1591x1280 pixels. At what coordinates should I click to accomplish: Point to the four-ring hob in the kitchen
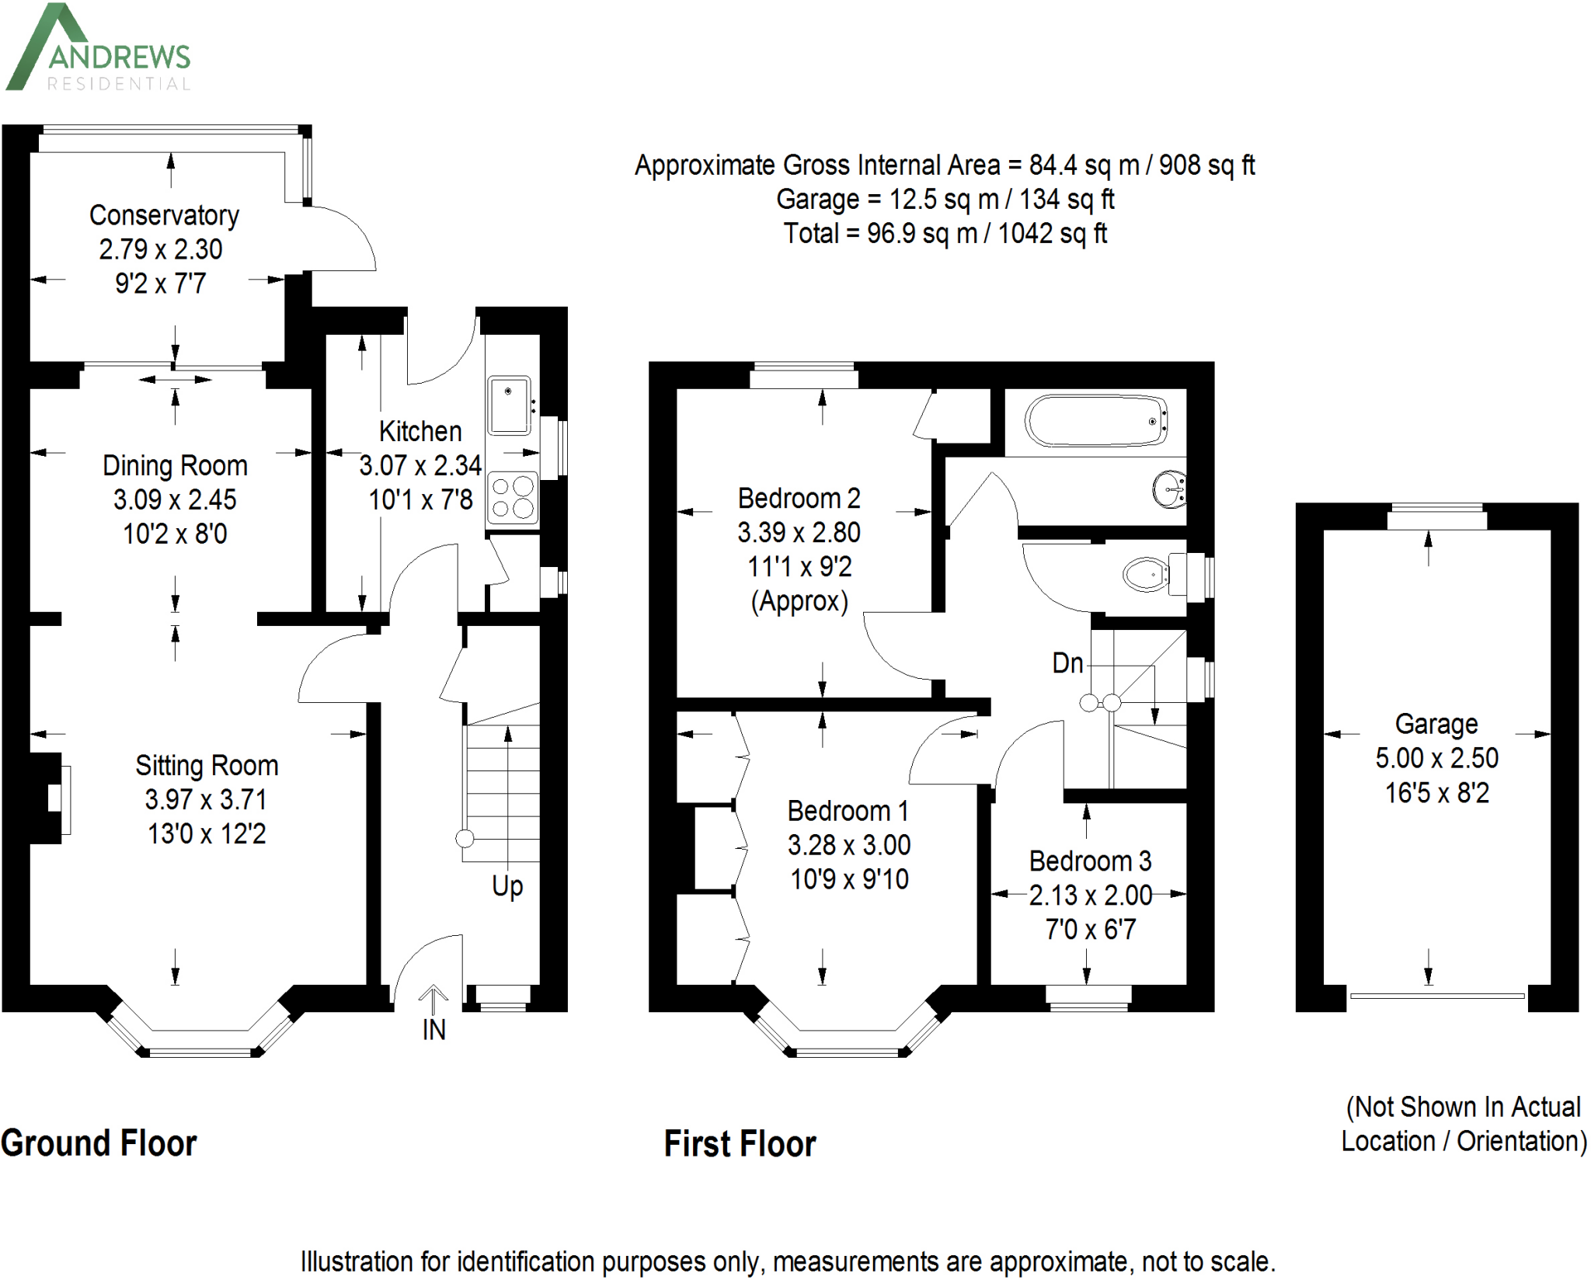click(x=513, y=497)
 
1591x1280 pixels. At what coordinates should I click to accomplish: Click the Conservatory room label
click(x=164, y=215)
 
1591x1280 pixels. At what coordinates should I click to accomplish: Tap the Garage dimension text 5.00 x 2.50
click(x=1436, y=758)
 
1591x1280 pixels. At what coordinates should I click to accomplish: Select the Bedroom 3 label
click(x=1090, y=861)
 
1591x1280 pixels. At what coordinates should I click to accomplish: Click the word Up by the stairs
click(x=507, y=886)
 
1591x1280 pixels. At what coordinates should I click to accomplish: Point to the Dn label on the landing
click(x=1067, y=663)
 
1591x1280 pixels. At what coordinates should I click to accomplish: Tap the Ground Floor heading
click(x=99, y=1143)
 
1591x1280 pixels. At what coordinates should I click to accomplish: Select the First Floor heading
click(x=740, y=1144)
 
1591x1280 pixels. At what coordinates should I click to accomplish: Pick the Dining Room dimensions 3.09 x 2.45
click(x=175, y=499)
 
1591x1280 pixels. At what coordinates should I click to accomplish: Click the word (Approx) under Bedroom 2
click(x=799, y=601)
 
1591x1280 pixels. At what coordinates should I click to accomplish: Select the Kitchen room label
click(x=420, y=431)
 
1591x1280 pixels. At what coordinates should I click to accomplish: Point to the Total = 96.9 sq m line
click(x=944, y=234)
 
